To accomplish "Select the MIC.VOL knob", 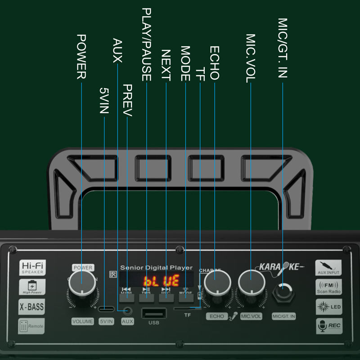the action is (250, 283).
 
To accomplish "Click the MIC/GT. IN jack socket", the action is (283, 292).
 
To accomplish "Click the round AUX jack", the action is (128, 310).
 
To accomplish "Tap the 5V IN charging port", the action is (106, 310).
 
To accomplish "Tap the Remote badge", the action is (32, 326).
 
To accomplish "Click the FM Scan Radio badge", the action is (328, 286).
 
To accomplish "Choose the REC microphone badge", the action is (328, 325).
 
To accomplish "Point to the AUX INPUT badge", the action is (328, 267).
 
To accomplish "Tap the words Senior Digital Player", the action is (156, 268).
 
